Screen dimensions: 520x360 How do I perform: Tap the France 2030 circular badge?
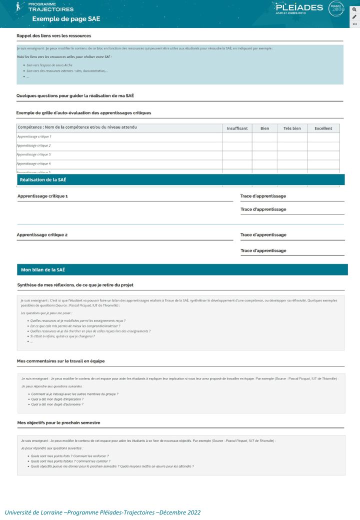tap(336, 8)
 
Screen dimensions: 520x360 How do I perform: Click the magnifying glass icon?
tap(354, 9)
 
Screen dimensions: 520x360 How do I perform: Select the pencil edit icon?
tap(354, 16)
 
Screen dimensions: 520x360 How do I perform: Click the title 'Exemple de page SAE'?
tap(66, 19)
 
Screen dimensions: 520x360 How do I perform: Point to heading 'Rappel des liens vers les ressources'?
tap(53, 36)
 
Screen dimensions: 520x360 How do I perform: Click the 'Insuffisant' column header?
tap(237, 128)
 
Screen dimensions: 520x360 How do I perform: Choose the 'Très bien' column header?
tap(292, 128)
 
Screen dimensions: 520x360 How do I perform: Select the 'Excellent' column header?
tap(323, 128)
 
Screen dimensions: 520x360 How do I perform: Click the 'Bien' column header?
tap(264, 128)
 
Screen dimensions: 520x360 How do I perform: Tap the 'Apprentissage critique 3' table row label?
tap(34, 154)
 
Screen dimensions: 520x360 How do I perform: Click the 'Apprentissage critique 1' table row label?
tap(34, 136)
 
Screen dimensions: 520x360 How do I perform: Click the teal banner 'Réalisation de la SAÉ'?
tap(180, 179)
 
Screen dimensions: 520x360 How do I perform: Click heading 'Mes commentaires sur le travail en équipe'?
tap(60, 360)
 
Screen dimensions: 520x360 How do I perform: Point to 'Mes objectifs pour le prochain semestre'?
tap(58, 422)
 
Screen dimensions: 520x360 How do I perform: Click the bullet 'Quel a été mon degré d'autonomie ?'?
tap(57, 404)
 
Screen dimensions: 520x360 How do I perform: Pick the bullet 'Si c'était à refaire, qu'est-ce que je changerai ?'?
tap(62, 336)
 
